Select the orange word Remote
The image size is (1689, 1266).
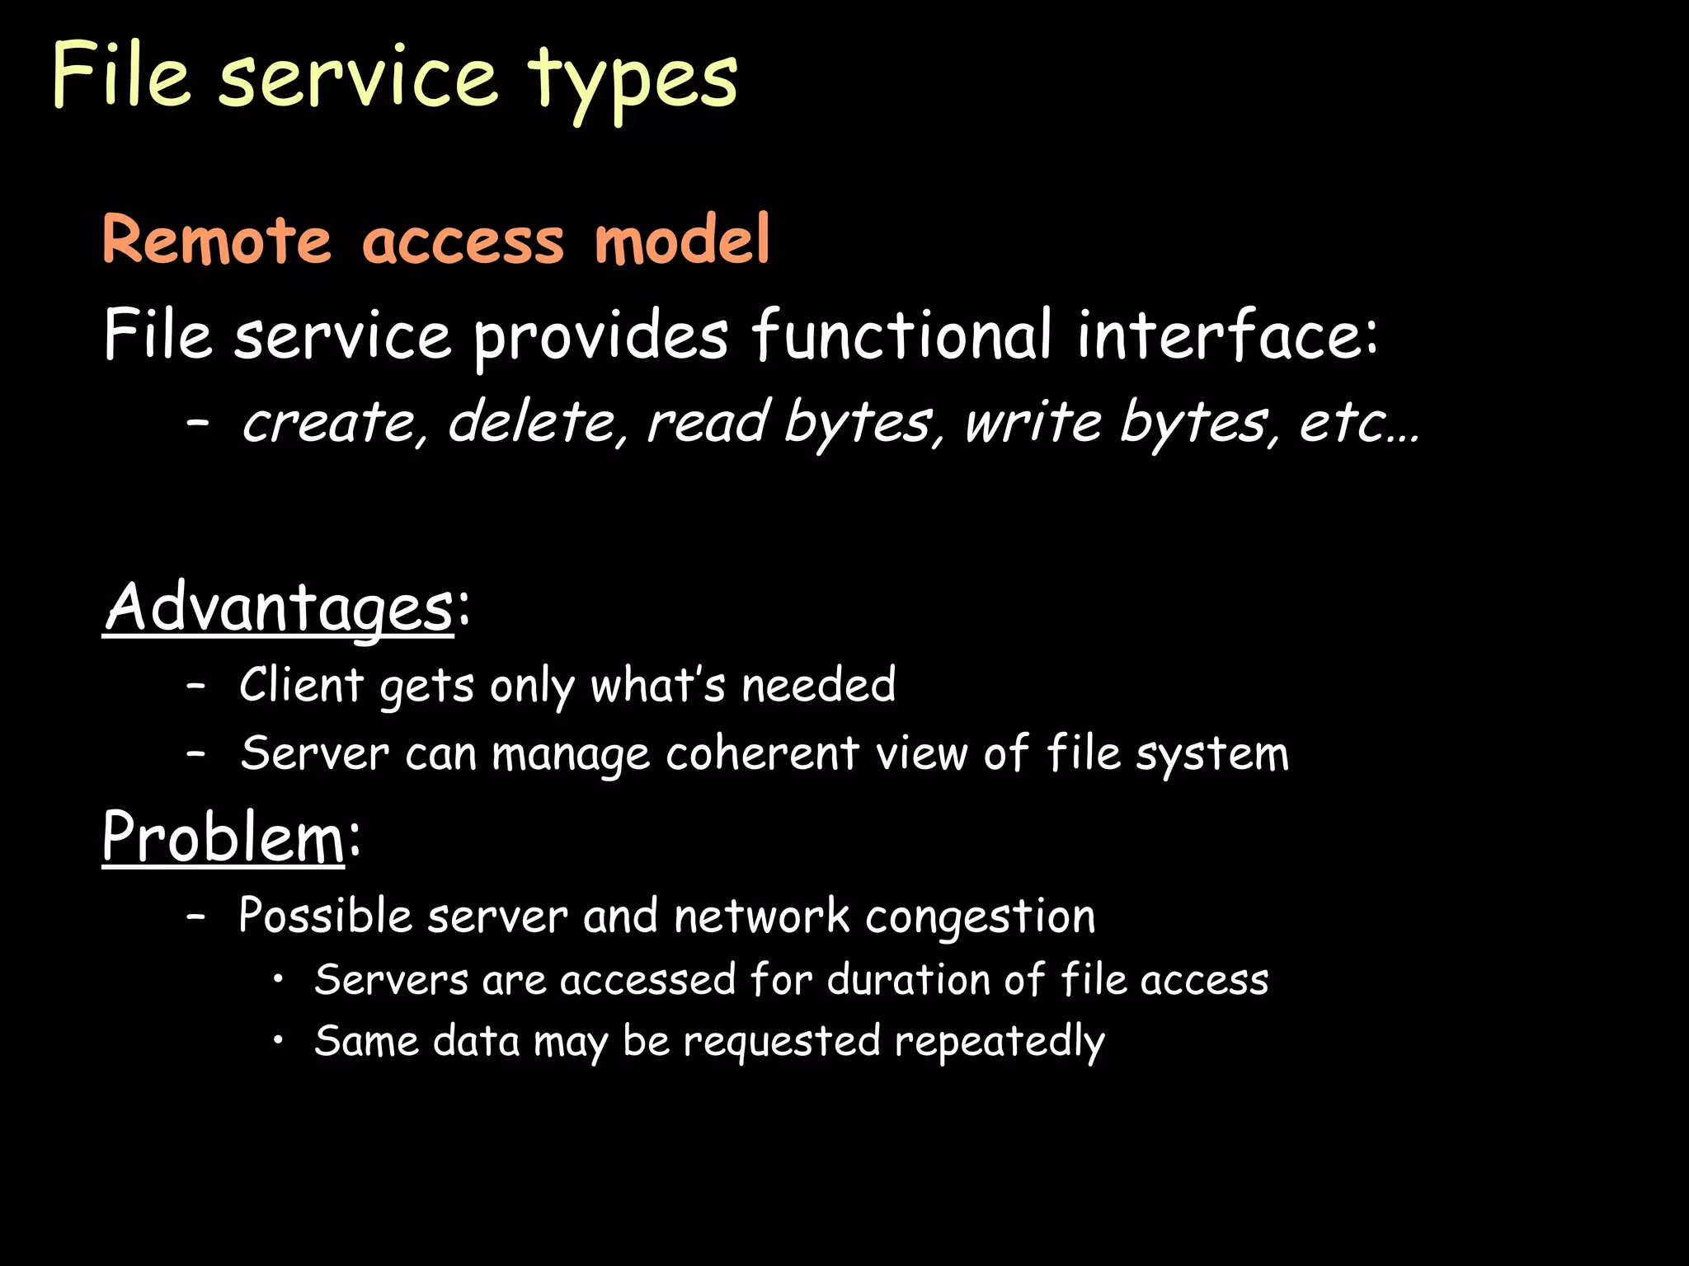(x=216, y=241)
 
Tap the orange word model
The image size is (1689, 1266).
(x=682, y=239)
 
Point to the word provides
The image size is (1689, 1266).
(x=600, y=336)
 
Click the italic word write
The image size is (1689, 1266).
(x=1034, y=422)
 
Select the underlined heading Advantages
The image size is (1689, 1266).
(x=279, y=608)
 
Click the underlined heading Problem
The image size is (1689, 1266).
(x=223, y=837)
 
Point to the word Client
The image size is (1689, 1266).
(x=301, y=684)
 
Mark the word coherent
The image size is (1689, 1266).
(x=763, y=753)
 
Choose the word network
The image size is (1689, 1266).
(x=761, y=915)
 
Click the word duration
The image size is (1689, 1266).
(x=908, y=980)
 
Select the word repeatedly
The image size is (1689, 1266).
(x=1000, y=1042)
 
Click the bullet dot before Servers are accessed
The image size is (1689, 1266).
(x=280, y=979)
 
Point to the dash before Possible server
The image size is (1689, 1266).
(x=195, y=915)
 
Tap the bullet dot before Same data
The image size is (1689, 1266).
(x=280, y=1040)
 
